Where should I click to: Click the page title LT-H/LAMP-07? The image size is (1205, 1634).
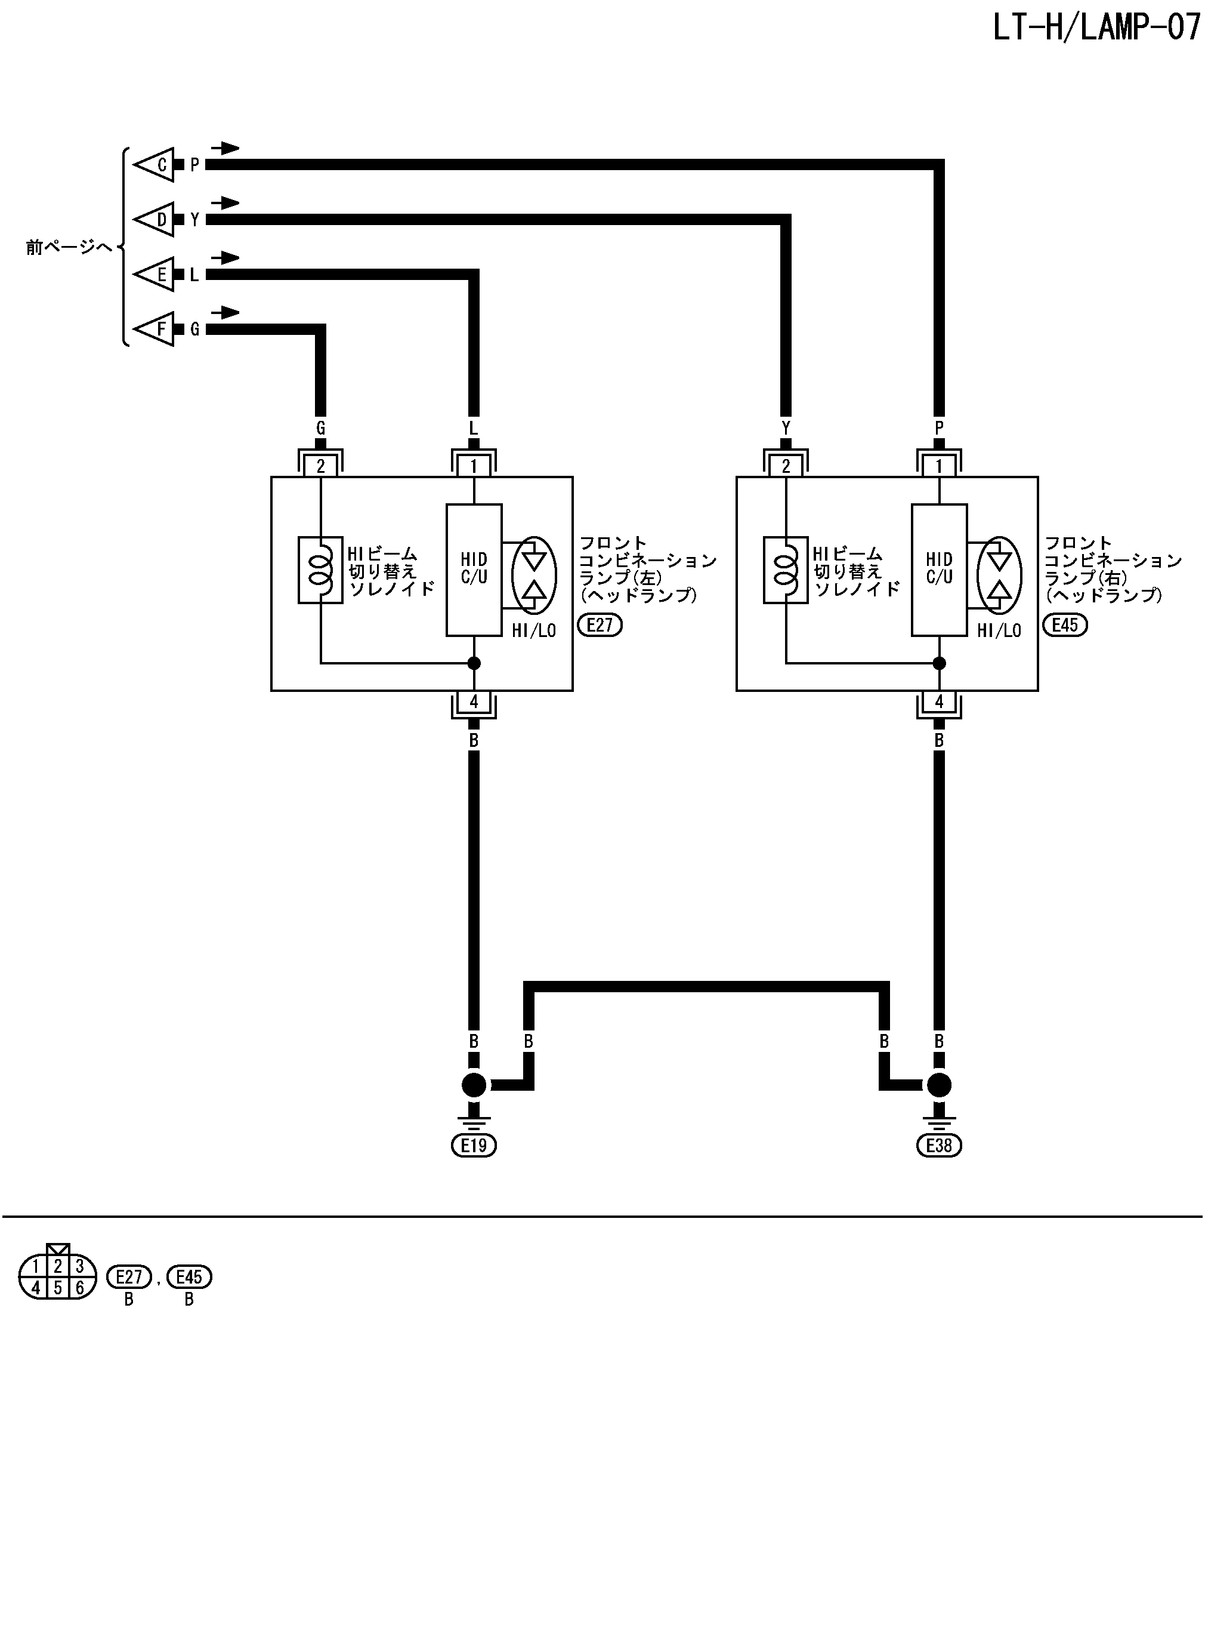[x=1096, y=27]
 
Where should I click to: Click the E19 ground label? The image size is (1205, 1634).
[x=474, y=1145]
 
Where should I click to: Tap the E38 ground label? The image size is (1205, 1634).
[x=939, y=1145]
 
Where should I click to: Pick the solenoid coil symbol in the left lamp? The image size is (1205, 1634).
[x=320, y=570]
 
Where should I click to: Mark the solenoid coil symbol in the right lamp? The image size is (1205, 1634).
[x=786, y=570]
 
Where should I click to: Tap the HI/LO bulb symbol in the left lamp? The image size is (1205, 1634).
[x=534, y=574]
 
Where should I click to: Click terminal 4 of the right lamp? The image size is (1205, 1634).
[x=939, y=702]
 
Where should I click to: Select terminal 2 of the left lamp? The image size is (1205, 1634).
[x=320, y=466]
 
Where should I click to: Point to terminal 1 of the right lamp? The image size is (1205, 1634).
[x=939, y=466]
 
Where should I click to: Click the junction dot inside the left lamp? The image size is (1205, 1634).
[x=474, y=663]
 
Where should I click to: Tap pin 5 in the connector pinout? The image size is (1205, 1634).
[x=58, y=1288]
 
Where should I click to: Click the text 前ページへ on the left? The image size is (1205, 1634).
[x=69, y=247]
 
